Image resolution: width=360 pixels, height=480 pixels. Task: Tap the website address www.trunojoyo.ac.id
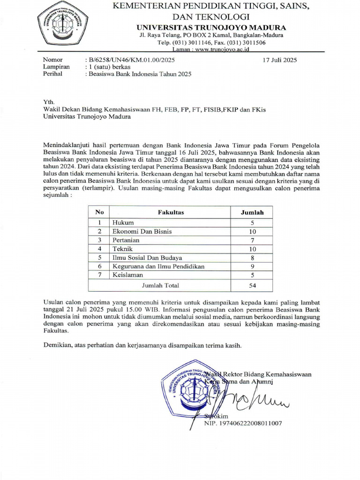click(x=222, y=49)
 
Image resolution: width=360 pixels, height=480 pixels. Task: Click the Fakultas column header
click(x=171, y=212)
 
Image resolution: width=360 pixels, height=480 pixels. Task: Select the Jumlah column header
click(x=252, y=212)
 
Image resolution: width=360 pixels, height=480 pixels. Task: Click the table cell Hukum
click(x=123, y=223)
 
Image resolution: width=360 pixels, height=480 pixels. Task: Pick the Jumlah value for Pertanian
click(x=252, y=240)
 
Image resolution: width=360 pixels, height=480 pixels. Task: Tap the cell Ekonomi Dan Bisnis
click(x=142, y=232)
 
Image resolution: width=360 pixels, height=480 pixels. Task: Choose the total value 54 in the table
click(x=252, y=285)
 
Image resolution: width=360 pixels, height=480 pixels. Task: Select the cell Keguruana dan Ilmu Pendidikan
click(x=158, y=267)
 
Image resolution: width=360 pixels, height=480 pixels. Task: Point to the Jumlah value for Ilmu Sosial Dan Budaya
click(x=252, y=258)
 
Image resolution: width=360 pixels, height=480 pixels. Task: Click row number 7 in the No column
click(x=99, y=275)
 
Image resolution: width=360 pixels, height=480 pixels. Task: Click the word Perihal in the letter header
click(x=52, y=74)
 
